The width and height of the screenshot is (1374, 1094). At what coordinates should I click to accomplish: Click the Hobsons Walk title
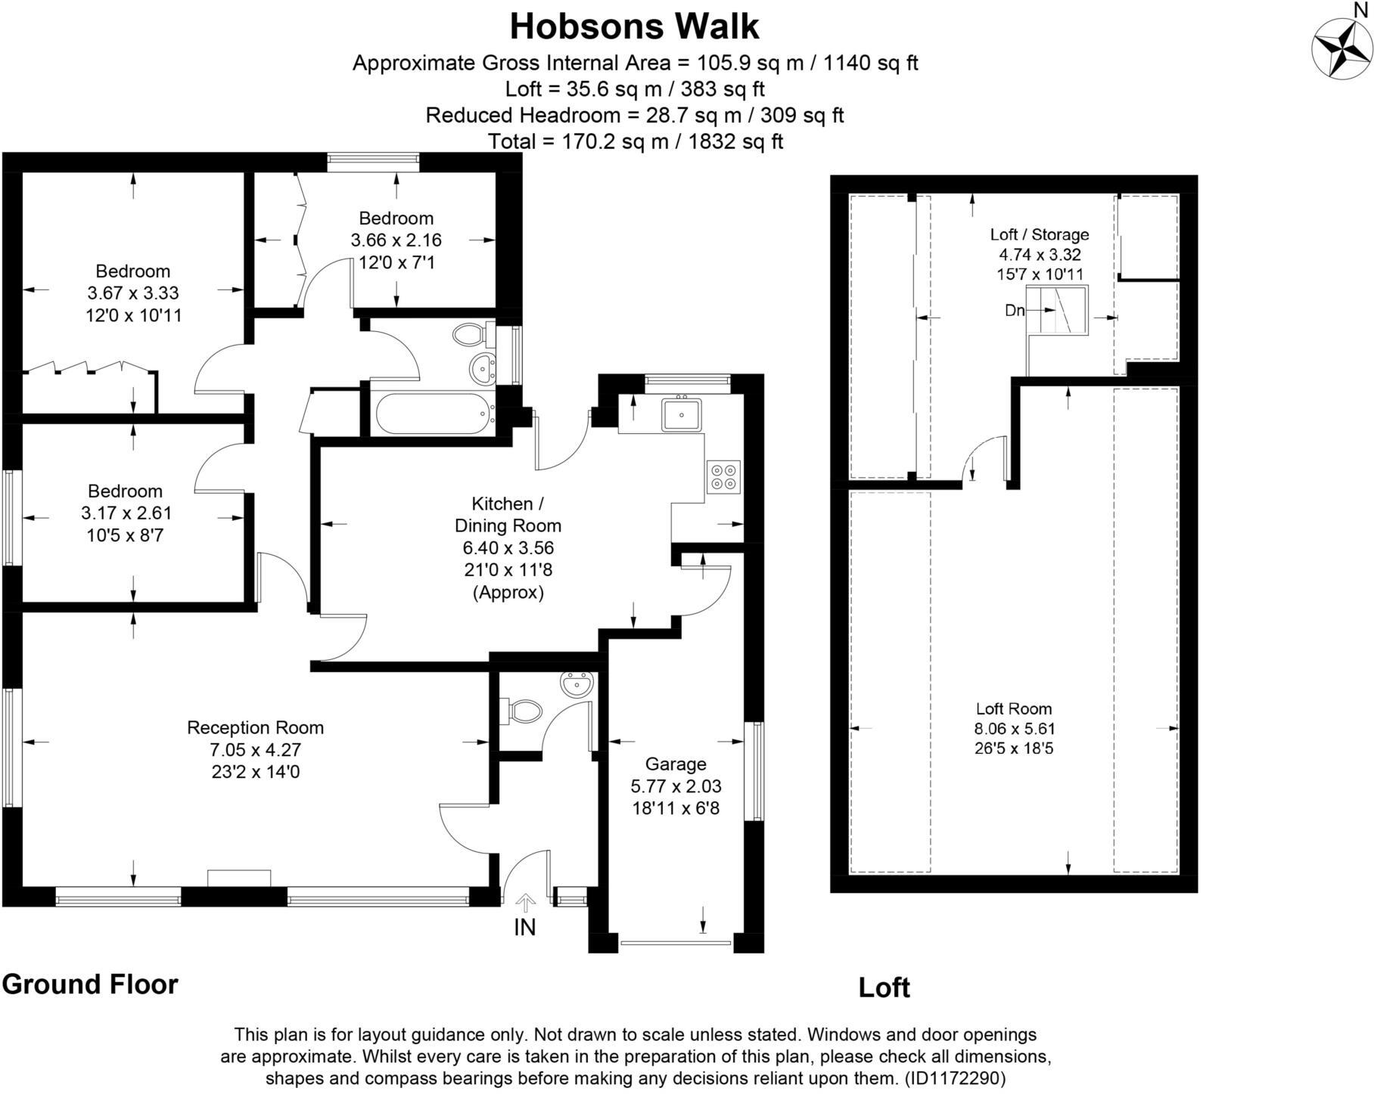point(634,26)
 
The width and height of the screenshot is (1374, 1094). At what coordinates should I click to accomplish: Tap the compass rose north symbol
point(1342,47)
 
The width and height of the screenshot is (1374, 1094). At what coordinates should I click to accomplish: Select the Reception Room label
point(255,728)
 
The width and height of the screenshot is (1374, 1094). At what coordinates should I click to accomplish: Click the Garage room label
point(676,764)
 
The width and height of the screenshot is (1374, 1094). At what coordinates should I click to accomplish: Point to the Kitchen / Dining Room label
point(508,514)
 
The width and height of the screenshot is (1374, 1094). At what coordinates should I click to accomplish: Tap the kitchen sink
point(682,414)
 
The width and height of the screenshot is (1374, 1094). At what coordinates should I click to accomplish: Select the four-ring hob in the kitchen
point(723,476)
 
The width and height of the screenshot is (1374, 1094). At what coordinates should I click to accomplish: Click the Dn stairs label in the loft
point(1015,310)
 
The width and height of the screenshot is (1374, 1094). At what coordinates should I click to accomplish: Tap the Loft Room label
point(1014,708)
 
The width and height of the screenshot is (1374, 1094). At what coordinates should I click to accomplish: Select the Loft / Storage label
point(1040,234)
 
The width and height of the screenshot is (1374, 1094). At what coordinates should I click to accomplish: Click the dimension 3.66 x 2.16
point(396,240)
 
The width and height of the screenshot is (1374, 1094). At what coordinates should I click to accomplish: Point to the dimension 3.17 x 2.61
point(126,513)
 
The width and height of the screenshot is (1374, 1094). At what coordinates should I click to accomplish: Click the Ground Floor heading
point(90,984)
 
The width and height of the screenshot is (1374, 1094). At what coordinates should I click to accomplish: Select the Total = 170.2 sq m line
point(635,141)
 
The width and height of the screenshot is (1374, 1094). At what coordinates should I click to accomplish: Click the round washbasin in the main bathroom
point(481,369)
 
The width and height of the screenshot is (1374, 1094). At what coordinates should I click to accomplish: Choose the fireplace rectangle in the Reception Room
point(239,878)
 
